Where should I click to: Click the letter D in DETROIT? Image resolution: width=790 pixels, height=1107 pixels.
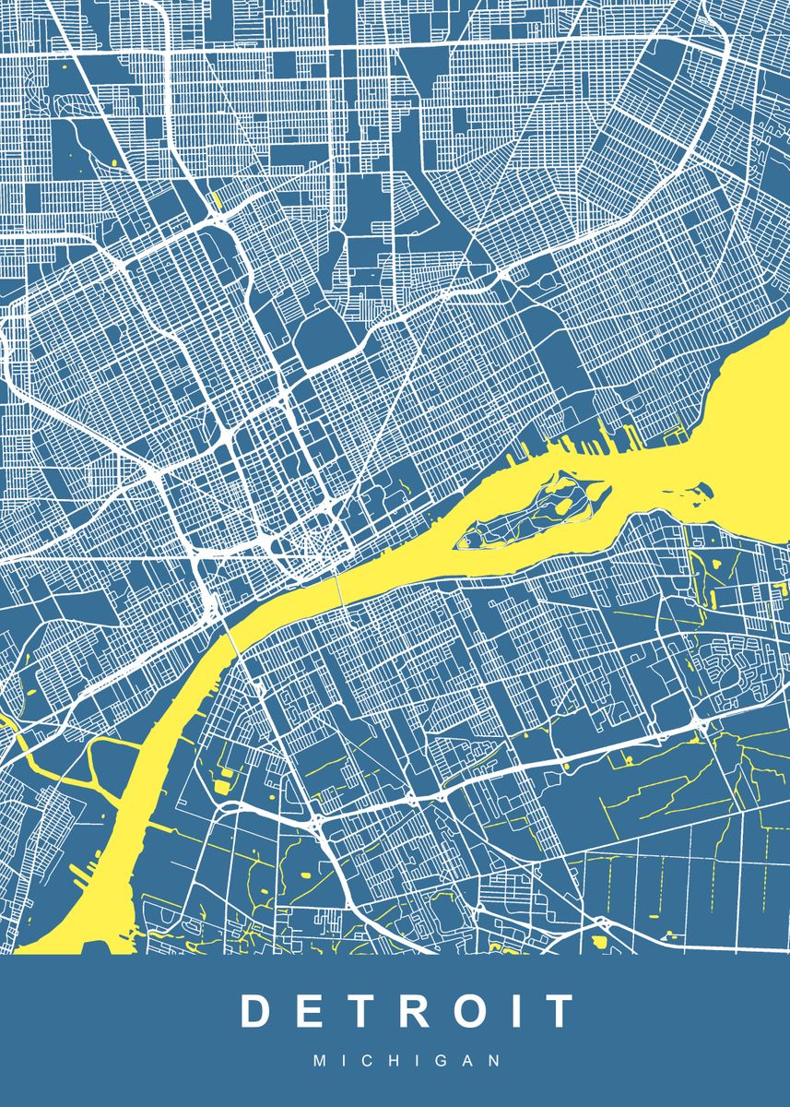pyautogui.click(x=257, y=1011)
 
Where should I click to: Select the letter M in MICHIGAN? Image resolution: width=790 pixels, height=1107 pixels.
pyautogui.click(x=319, y=1061)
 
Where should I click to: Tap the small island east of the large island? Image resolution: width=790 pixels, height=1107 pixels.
pyautogui.click(x=704, y=489)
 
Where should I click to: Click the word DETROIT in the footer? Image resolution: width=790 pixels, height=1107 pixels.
pyautogui.click(x=407, y=1011)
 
